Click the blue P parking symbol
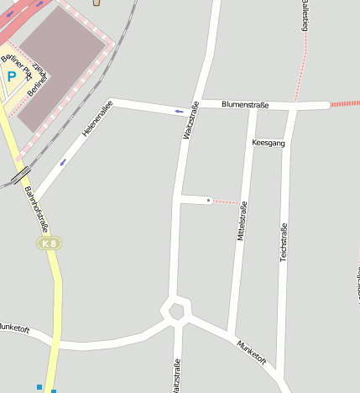[12, 76]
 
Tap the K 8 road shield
[50, 242]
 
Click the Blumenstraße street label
[245, 105]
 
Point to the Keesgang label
[269, 144]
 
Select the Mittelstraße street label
[242, 223]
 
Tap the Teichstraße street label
[284, 242]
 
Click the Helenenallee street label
[97, 118]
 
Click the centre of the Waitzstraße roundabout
[176, 311]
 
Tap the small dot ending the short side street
[209, 200]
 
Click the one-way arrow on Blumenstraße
[179, 110]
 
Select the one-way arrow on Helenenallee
[63, 161]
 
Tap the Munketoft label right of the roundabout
[251, 352]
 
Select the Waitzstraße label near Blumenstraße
[190, 120]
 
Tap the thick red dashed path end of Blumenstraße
[345, 103]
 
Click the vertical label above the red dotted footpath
[304, 17]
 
